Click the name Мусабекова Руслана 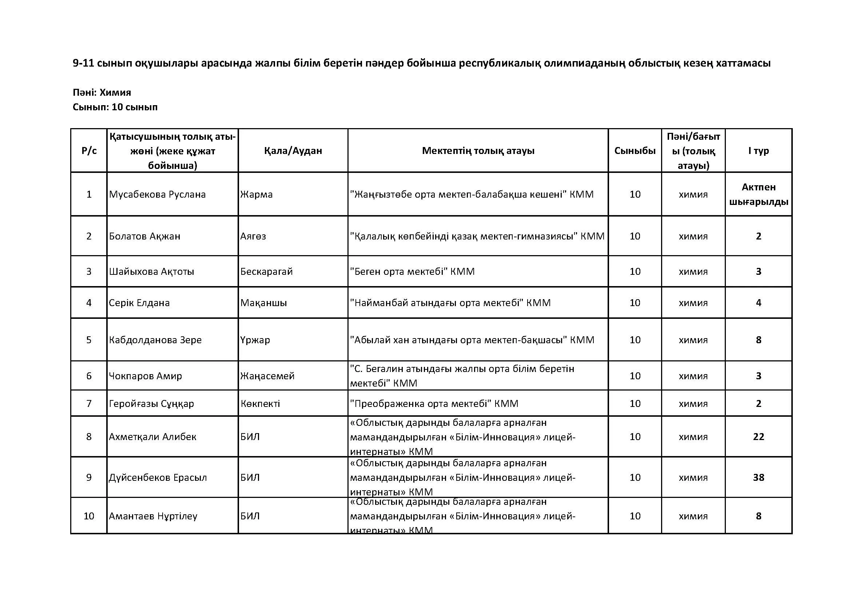pyautogui.click(x=157, y=195)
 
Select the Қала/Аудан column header pyautogui.click(x=293, y=151)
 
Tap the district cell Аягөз pyautogui.click(x=253, y=237)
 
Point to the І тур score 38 pyautogui.click(x=758, y=478)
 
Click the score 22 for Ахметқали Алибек pyautogui.click(x=758, y=437)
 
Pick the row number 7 pyautogui.click(x=89, y=404)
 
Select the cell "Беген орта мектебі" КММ pyautogui.click(x=412, y=272)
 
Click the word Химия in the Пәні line pyautogui.click(x=115, y=92)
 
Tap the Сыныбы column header pyautogui.click(x=635, y=151)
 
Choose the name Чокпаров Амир pyautogui.click(x=145, y=376)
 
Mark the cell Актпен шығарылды pyautogui.click(x=758, y=195)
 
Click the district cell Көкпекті pyautogui.click(x=260, y=404)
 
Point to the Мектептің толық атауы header pyautogui.click(x=478, y=151)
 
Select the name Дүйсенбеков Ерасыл pyautogui.click(x=158, y=478)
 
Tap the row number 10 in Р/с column pyautogui.click(x=89, y=516)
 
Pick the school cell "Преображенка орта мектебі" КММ pyautogui.click(x=434, y=404)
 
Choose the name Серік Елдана pyautogui.click(x=139, y=303)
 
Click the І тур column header pyautogui.click(x=758, y=151)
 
